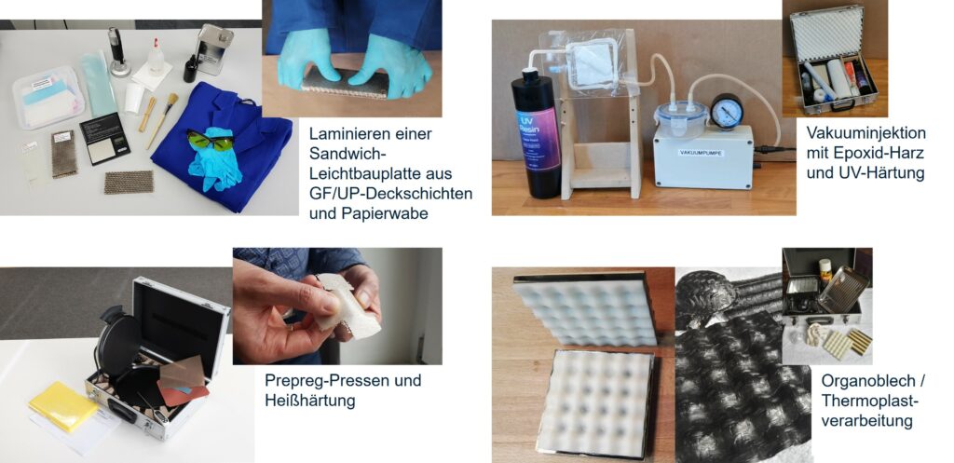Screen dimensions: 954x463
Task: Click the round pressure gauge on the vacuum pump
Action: click(x=727, y=112)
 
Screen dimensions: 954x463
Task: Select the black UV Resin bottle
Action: click(x=536, y=134)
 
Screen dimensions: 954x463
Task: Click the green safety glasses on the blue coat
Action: click(x=211, y=140)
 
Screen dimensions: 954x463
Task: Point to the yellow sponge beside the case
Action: click(x=63, y=406)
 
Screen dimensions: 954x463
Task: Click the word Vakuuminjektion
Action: click(x=865, y=132)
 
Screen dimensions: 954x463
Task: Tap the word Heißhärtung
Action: click(x=309, y=401)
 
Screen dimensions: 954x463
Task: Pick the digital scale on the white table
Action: click(x=104, y=138)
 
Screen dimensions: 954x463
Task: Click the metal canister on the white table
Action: click(x=215, y=49)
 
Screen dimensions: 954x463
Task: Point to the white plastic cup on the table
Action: click(x=134, y=97)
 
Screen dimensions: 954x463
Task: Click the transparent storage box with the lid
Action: click(x=48, y=97)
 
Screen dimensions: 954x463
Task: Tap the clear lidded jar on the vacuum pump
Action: click(x=681, y=117)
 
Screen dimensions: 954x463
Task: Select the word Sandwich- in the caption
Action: click(x=341, y=154)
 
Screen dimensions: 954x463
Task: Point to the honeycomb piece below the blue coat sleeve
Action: click(x=129, y=182)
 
